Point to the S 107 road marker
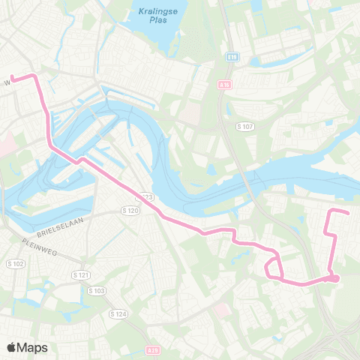pyautogui.click(x=245, y=126)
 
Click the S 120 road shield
pyautogui.click(x=131, y=212)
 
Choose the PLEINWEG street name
pyautogui.click(x=34, y=242)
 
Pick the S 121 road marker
pyautogui.click(x=81, y=275)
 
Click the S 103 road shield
pyautogui.click(x=97, y=290)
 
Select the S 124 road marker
pyautogui.click(x=118, y=313)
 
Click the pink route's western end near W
pyautogui.click(x=13, y=76)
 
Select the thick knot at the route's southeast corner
pyautogui.click(x=334, y=279)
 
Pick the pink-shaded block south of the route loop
pyautogui.click(x=220, y=309)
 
